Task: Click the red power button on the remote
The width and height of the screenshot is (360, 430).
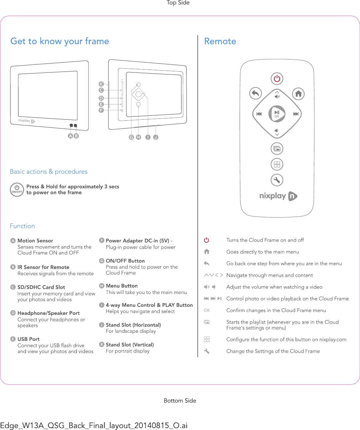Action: click(x=277, y=79)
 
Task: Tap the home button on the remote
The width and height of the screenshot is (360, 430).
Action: click(x=298, y=94)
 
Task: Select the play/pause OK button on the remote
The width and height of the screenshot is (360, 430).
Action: click(x=277, y=114)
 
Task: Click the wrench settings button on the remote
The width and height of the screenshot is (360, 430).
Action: click(x=277, y=180)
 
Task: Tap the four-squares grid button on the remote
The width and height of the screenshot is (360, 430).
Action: click(x=277, y=164)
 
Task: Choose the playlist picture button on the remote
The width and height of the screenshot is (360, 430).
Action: click(x=277, y=149)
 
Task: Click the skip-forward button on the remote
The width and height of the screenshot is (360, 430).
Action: click(x=296, y=114)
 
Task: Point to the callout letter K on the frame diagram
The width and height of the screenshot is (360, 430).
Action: click(x=101, y=84)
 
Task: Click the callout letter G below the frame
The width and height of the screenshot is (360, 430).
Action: click(x=131, y=137)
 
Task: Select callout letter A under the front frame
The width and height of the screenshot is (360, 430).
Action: click(x=70, y=136)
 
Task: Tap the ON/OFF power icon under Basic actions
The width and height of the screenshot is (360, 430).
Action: click(x=17, y=190)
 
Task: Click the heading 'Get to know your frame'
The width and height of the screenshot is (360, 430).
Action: click(x=60, y=41)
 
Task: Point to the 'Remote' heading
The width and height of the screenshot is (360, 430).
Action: click(x=220, y=41)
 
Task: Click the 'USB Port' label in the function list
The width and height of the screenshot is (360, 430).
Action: click(x=29, y=339)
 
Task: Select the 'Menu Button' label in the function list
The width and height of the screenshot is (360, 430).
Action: click(x=122, y=286)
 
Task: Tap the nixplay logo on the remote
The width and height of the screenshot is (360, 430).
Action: click(x=278, y=196)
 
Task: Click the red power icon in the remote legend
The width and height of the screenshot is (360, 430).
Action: click(x=207, y=240)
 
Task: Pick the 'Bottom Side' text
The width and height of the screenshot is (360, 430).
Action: click(x=180, y=401)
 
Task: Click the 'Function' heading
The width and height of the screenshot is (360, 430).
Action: click(x=22, y=226)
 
